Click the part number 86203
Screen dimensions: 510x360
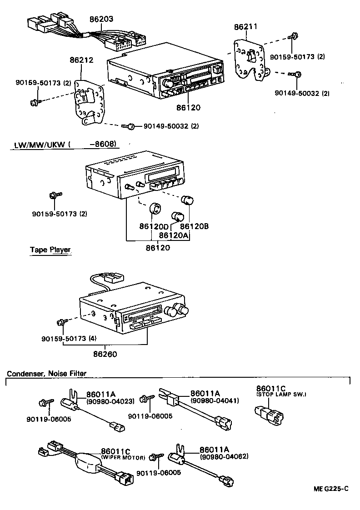click(101, 20)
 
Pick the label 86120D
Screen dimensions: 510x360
click(154, 226)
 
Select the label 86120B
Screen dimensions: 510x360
click(194, 226)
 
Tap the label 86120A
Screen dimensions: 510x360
click(174, 235)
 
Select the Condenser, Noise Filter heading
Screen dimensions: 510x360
click(46, 374)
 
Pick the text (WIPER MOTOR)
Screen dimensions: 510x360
click(123, 457)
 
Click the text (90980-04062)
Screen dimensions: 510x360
click(224, 456)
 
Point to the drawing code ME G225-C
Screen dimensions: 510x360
click(331, 489)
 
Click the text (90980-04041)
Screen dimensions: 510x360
click(212, 400)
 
